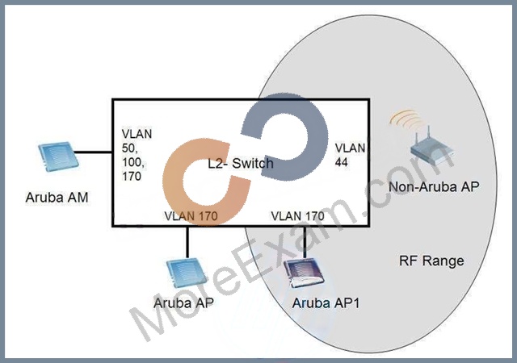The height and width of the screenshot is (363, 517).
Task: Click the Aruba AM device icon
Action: [x=58, y=156]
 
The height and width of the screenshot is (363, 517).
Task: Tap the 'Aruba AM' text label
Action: [x=57, y=198]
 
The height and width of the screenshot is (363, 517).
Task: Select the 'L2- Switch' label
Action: [x=241, y=163]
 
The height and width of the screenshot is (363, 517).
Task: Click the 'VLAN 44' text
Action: [x=350, y=155]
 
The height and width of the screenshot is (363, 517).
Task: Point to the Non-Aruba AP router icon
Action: [x=432, y=148]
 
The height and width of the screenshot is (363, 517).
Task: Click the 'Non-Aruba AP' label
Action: [x=434, y=187]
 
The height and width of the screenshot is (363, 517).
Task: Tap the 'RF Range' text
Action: [x=431, y=261]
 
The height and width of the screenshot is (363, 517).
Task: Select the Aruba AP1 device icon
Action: [x=304, y=273]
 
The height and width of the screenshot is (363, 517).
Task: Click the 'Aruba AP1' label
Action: [x=326, y=302]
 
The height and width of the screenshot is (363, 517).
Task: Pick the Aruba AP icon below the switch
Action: [x=187, y=273]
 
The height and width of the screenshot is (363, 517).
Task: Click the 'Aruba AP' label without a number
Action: [x=183, y=302]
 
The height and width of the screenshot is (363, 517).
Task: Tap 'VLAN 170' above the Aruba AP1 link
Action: [x=297, y=216]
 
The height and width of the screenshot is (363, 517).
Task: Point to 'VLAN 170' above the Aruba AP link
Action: [x=191, y=216]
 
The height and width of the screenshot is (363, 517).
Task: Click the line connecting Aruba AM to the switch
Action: [x=94, y=152]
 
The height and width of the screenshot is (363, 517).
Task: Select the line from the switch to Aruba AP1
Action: [x=305, y=243]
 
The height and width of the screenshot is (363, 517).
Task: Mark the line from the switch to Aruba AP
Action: [x=187, y=243]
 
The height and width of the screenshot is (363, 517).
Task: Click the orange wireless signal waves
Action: [x=406, y=119]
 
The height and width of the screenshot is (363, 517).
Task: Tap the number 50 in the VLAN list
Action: [x=129, y=148]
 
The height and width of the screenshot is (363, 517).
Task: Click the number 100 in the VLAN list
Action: [x=132, y=162]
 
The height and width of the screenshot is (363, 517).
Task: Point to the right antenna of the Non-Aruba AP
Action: [x=429, y=136]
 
